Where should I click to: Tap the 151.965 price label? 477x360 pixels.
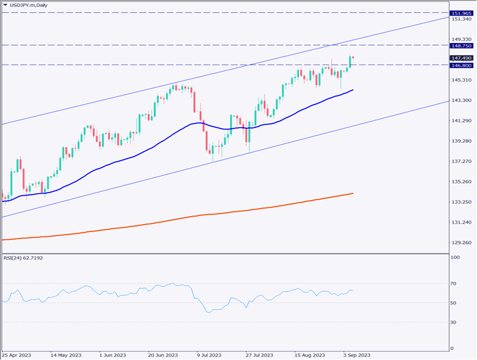pos(461,13)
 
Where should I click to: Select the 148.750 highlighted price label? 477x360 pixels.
pos(461,45)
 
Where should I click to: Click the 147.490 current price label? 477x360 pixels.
pos(461,58)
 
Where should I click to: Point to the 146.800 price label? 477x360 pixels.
pos(461,65)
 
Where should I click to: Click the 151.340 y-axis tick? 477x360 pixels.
pos(461,20)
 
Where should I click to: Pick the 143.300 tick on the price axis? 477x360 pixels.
pos(461,101)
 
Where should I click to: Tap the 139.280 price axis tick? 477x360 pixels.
pos(461,141)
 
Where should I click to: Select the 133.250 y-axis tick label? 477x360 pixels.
pos(461,202)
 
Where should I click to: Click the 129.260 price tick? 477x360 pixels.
pos(461,243)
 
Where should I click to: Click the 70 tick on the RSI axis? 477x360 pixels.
pos(455,283)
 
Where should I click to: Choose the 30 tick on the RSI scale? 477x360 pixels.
pos(455,322)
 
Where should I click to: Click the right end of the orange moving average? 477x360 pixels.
pos(352,193)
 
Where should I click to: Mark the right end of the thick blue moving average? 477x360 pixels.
pos(352,89)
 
